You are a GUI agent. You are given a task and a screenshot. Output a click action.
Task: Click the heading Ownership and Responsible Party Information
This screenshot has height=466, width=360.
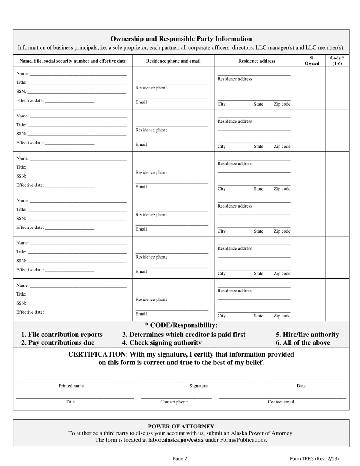tap(181, 39)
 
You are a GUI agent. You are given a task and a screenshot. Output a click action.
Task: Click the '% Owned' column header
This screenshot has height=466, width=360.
tap(312, 61)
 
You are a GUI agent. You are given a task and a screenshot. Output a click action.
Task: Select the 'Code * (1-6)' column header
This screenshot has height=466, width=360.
tap(337, 61)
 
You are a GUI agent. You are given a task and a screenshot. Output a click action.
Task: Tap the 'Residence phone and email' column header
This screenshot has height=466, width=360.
tap(173, 61)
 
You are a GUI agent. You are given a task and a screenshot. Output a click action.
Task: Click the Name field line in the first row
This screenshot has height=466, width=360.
tap(78, 73)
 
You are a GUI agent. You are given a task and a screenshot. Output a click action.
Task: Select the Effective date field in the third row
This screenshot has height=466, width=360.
tap(69, 185)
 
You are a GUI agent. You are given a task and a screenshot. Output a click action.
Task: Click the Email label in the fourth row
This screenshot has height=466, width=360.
tap(141, 229)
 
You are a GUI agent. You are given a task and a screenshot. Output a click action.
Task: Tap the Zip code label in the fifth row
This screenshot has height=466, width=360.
tap(282, 274)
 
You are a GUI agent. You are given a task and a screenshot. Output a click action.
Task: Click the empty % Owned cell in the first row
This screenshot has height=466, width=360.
tap(312, 88)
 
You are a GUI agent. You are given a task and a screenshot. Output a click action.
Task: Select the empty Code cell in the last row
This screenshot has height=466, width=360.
tap(337, 300)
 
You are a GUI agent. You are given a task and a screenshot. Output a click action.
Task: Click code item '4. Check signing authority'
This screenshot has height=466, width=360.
tap(162, 343)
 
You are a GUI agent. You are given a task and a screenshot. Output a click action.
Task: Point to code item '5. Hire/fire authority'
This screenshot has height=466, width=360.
tap(307, 335)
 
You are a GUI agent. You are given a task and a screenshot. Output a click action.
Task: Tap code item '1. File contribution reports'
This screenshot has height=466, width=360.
tap(62, 335)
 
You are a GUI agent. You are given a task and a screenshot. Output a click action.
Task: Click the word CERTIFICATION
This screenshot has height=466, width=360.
tap(97, 354)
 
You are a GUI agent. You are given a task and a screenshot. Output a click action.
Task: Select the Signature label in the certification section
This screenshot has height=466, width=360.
tap(199, 386)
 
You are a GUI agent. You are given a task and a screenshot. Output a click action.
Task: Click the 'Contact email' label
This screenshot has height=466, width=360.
tap(281, 402)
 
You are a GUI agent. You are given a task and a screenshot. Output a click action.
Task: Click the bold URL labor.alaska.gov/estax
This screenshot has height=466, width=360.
tap(176, 440)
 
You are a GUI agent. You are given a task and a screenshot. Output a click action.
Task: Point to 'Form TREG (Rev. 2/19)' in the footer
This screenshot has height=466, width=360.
tap(314, 458)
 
